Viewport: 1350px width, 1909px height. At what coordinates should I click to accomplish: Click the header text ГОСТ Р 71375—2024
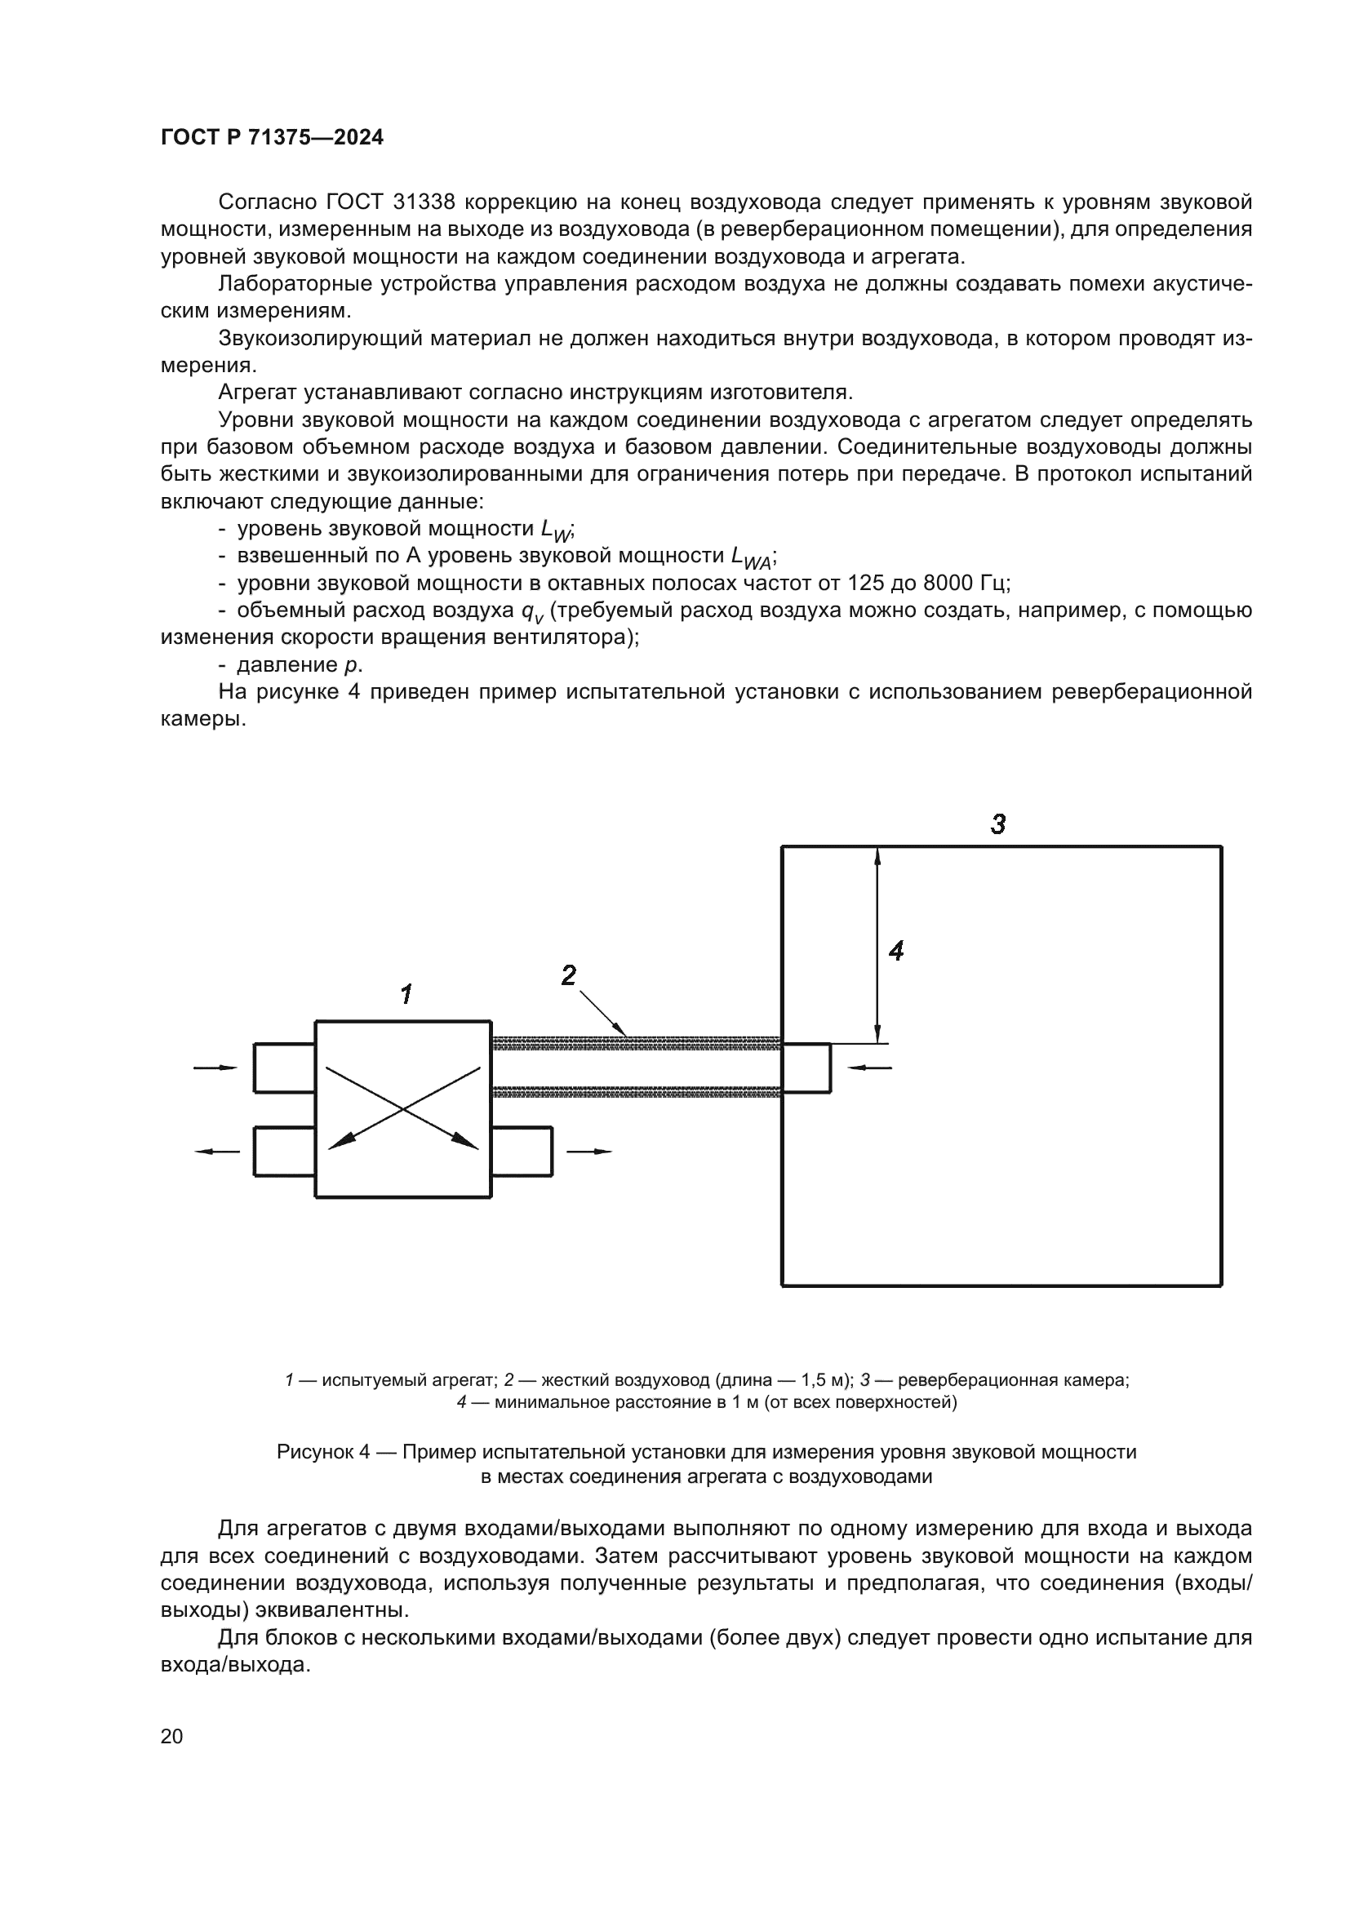272,138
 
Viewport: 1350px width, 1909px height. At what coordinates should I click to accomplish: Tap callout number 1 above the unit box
406,993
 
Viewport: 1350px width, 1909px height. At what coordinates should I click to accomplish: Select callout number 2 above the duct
569,975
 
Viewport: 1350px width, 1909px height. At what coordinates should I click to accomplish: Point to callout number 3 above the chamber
998,824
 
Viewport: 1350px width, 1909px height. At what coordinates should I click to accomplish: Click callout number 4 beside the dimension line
896,950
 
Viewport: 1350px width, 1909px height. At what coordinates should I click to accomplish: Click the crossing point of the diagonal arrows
403,1108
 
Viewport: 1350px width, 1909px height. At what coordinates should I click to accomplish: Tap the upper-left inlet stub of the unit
284,1068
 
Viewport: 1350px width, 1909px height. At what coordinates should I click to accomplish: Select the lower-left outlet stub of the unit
284,1152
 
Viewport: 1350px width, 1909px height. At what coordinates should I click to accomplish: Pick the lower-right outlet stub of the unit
522,1152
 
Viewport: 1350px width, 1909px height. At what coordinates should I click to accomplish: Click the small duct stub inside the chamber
806,1068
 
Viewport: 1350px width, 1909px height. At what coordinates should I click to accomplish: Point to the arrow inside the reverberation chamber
868,1068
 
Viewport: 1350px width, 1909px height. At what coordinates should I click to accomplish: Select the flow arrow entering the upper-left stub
215,1068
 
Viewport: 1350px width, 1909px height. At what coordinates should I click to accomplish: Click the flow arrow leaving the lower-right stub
589,1152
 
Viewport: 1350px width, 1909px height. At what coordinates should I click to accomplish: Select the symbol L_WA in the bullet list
751,557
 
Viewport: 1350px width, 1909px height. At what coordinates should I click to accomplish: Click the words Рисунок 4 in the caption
322,1452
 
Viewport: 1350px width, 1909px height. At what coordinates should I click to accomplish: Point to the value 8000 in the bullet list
948,583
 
